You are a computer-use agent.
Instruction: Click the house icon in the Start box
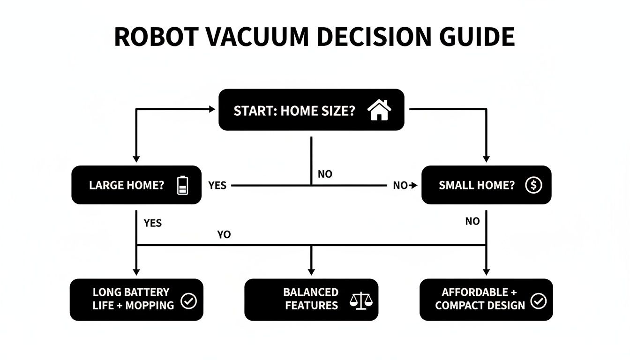pyautogui.click(x=379, y=111)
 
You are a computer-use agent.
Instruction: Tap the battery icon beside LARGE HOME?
pyautogui.click(x=182, y=185)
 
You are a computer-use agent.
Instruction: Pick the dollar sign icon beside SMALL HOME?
pyautogui.click(x=533, y=185)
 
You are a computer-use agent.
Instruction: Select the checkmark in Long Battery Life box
pyautogui.click(x=188, y=301)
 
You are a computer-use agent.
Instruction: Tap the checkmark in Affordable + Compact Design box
pyautogui.click(x=538, y=301)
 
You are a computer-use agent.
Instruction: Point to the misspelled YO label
pyautogui.click(x=224, y=234)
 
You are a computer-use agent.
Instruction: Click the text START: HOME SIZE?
pyautogui.click(x=294, y=111)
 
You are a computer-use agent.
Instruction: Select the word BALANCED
pyautogui.click(x=311, y=292)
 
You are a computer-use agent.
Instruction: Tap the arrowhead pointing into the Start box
pyautogui.click(x=211, y=109)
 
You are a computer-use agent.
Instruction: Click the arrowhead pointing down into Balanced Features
pyautogui.click(x=311, y=271)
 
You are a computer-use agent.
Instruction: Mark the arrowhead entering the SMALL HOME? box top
pyautogui.click(x=486, y=158)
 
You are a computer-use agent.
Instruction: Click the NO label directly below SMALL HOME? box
pyautogui.click(x=472, y=221)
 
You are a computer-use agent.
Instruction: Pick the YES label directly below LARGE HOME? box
pyautogui.click(x=153, y=223)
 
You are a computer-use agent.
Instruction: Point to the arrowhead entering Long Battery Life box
pyautogui.click(x=136, y=271)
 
